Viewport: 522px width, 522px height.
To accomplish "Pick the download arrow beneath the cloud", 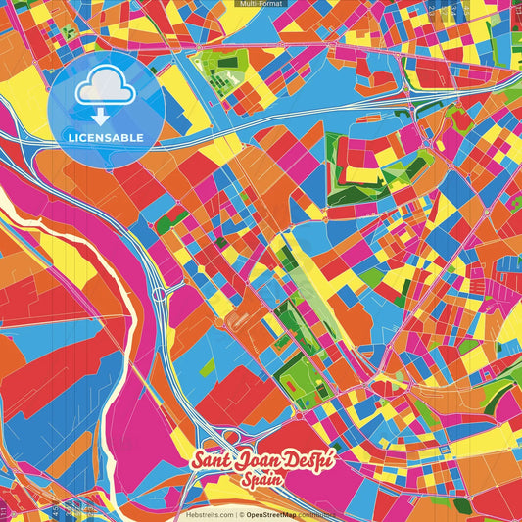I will click(100, 115).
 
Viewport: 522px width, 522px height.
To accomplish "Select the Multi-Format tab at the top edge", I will click(261, 4).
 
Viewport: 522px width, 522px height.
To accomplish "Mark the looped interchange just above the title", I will click(232, 437).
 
